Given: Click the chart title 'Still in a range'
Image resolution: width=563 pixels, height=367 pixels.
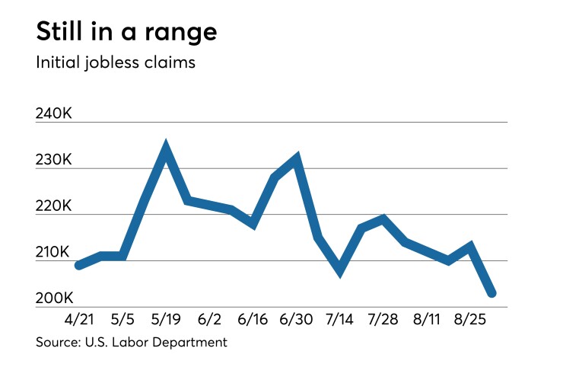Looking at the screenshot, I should click(126, 32).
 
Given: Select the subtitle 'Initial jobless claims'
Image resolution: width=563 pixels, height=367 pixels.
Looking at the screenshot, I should click(116, 62).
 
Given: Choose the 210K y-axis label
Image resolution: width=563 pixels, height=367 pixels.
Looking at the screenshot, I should click(54, 252).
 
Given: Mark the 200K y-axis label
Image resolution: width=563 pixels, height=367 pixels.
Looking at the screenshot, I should click(54, 298).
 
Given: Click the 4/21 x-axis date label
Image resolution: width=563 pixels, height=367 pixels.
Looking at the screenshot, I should click(79, 318).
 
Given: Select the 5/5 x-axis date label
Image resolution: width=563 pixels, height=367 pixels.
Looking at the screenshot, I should click(122, 318).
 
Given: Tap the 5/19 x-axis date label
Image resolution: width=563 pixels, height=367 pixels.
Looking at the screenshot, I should click(166, 318).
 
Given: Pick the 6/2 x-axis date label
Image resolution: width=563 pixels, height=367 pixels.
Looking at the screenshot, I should click(209, 318).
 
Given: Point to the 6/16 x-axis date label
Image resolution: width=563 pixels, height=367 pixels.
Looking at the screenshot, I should click(253, 318).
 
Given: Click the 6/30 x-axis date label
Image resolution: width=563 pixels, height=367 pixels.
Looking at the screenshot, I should click(297, 318).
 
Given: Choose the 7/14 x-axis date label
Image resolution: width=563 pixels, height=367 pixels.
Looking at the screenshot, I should click(339, 318).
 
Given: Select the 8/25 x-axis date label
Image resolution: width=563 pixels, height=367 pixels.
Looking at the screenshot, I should click(471, 318).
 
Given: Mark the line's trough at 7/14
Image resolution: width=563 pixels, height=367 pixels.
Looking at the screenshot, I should click(339, 269).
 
